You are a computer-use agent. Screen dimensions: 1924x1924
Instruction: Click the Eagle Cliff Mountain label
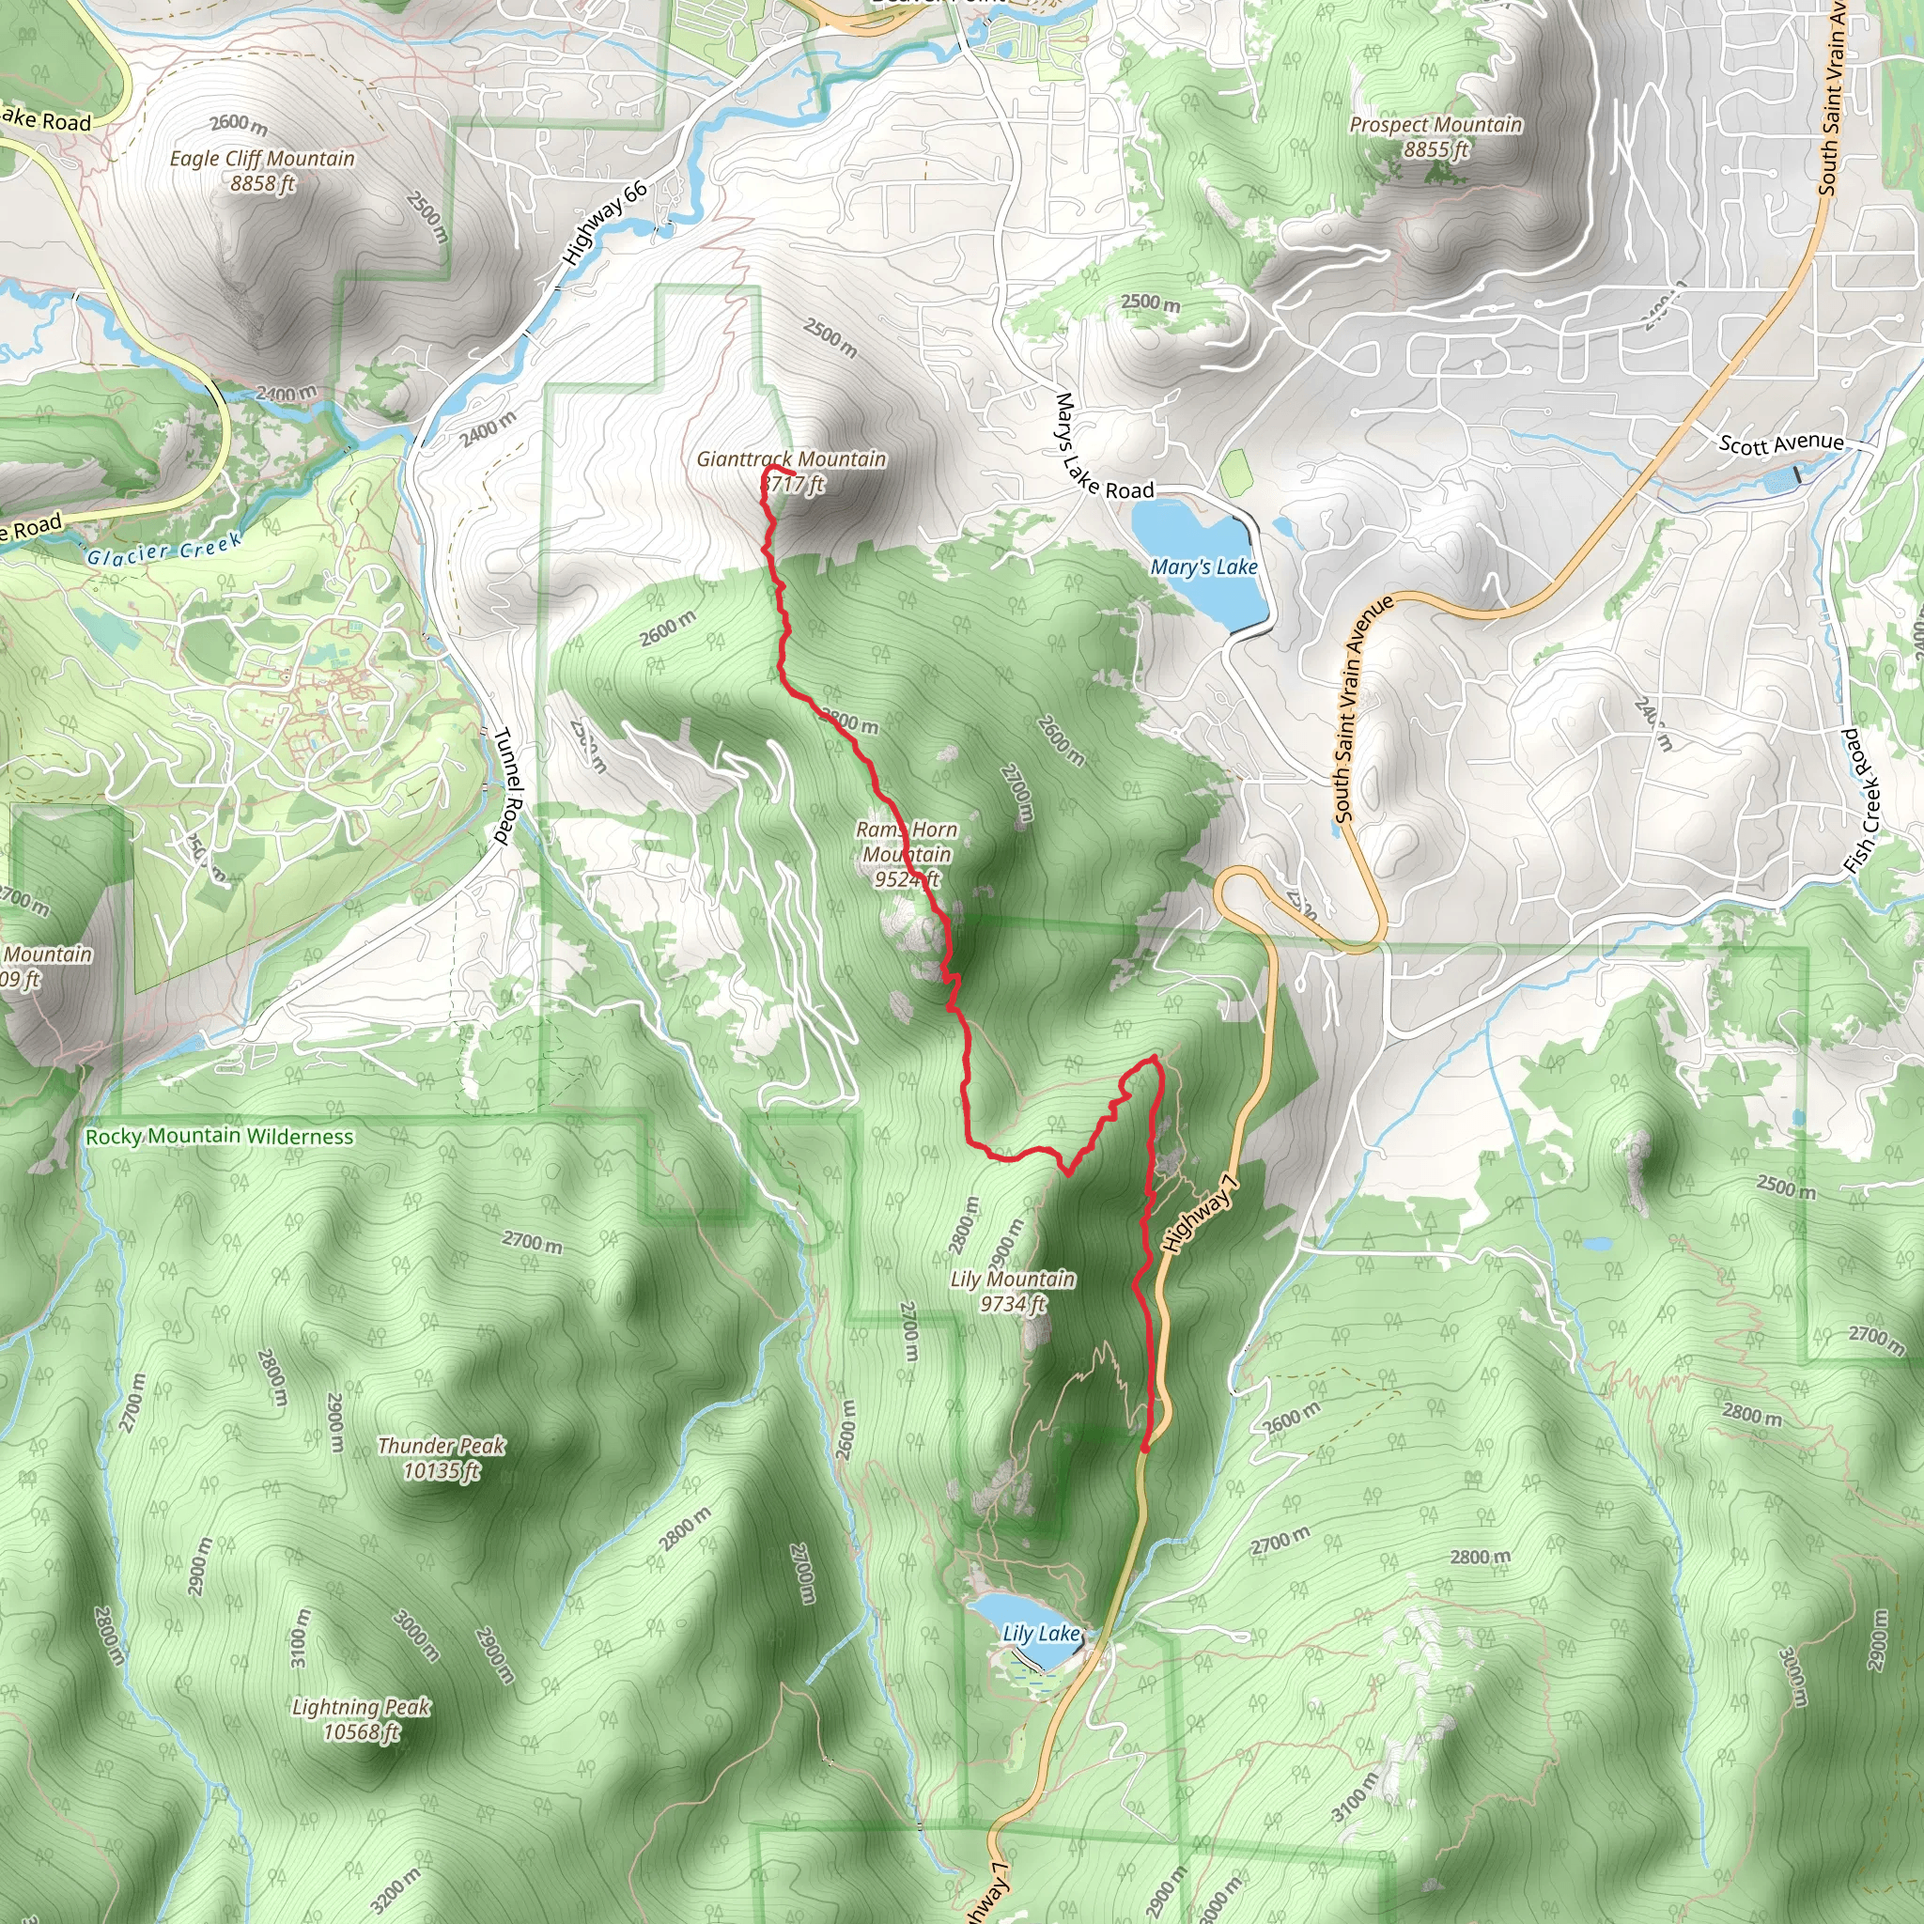[262, 159]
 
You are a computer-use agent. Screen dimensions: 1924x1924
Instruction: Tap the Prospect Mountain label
[1435, 125]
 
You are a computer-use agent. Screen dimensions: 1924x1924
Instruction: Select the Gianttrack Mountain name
[791, 459]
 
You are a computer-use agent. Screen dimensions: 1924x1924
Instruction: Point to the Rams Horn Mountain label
[907, 842]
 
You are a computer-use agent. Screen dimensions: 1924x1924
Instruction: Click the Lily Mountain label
[1013, 1279]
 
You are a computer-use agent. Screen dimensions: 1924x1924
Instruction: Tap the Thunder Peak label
[442, 1445]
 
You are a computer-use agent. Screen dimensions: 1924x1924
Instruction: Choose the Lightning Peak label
[361, 1707]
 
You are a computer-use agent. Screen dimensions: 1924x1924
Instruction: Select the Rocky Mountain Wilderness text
[219, 1137]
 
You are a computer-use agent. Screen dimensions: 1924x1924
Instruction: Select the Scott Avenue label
[1780, 442]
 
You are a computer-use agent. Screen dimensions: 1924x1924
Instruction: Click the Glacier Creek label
[164, 549]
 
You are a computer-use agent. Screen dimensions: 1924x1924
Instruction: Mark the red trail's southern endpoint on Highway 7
[1146, 1448]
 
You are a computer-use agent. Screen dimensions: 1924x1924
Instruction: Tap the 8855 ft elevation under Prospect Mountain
[1436, 149]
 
